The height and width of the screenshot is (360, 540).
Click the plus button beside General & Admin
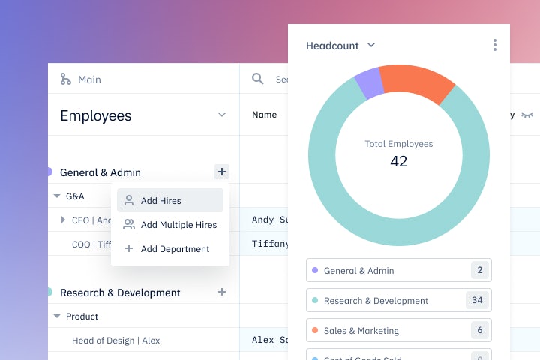[221, 172]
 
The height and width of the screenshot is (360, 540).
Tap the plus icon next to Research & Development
[221, 292]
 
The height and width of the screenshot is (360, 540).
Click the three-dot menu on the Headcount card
[495, 46]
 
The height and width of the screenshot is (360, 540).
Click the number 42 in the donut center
[398, 161]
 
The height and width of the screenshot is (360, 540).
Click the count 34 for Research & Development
[477, 300]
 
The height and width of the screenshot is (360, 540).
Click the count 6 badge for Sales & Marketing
[477, 330]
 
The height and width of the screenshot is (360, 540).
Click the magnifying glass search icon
[258, 79]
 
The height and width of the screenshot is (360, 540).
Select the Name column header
[264, 115]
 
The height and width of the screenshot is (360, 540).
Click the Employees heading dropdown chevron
[221, 115]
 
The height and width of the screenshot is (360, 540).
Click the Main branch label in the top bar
[88, 79]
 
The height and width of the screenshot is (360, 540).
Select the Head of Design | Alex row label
[115, 340]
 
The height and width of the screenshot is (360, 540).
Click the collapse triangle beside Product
[57, 316]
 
